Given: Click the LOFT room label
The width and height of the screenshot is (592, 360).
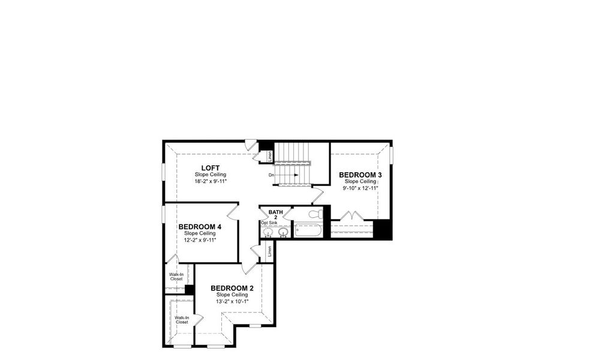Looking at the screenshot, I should (210, 167).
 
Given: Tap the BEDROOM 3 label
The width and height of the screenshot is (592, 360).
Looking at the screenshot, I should (360, 175).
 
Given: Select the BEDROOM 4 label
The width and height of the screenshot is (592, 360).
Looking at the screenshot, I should (200, 227).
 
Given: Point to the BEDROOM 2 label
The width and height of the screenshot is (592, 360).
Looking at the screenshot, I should (232, 289).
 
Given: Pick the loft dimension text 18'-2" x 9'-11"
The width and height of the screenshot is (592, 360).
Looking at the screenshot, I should (210, 181).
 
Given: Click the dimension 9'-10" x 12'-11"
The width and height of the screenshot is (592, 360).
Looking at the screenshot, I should (360, 188).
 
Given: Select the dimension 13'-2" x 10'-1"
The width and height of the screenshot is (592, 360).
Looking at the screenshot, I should (232, 302).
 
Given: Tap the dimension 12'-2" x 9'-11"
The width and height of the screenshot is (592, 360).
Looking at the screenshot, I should (200, 240).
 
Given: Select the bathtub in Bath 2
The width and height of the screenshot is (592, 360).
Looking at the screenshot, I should (308, 230).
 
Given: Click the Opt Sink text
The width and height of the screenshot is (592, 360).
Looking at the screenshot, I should (269, 223).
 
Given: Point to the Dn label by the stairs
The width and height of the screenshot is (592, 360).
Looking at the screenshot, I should (272, 175).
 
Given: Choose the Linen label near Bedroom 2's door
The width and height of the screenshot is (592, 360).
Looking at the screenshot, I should (269, 250).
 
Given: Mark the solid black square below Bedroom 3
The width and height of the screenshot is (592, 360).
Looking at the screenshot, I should (382, 230).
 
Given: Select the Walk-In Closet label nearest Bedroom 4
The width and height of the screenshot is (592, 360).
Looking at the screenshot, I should (176, 276).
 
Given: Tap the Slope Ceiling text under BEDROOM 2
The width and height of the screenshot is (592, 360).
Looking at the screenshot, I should (232, 295).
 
